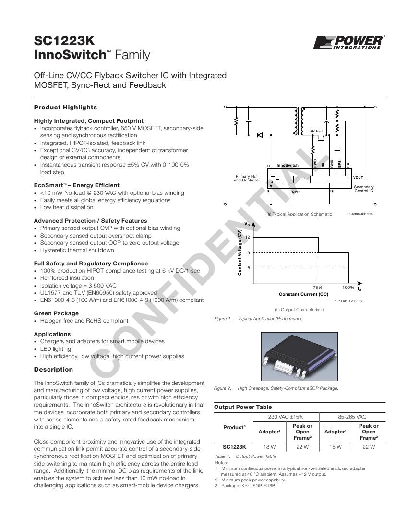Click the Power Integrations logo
coord(348,42)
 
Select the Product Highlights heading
coord(65,108)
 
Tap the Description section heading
coord(53,370)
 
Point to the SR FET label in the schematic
coord(316,131)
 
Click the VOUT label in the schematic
coord(358,178)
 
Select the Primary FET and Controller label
coord(247,178)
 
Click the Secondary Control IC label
coord(363,189)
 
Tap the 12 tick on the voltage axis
coord(248,238)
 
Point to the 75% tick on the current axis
coord(317,288)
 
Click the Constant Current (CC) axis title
coord(303,294)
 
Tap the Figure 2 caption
coord(276,388)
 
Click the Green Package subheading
coord(56,313)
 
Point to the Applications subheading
coord(52,334)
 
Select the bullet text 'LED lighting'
coord(55,349)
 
